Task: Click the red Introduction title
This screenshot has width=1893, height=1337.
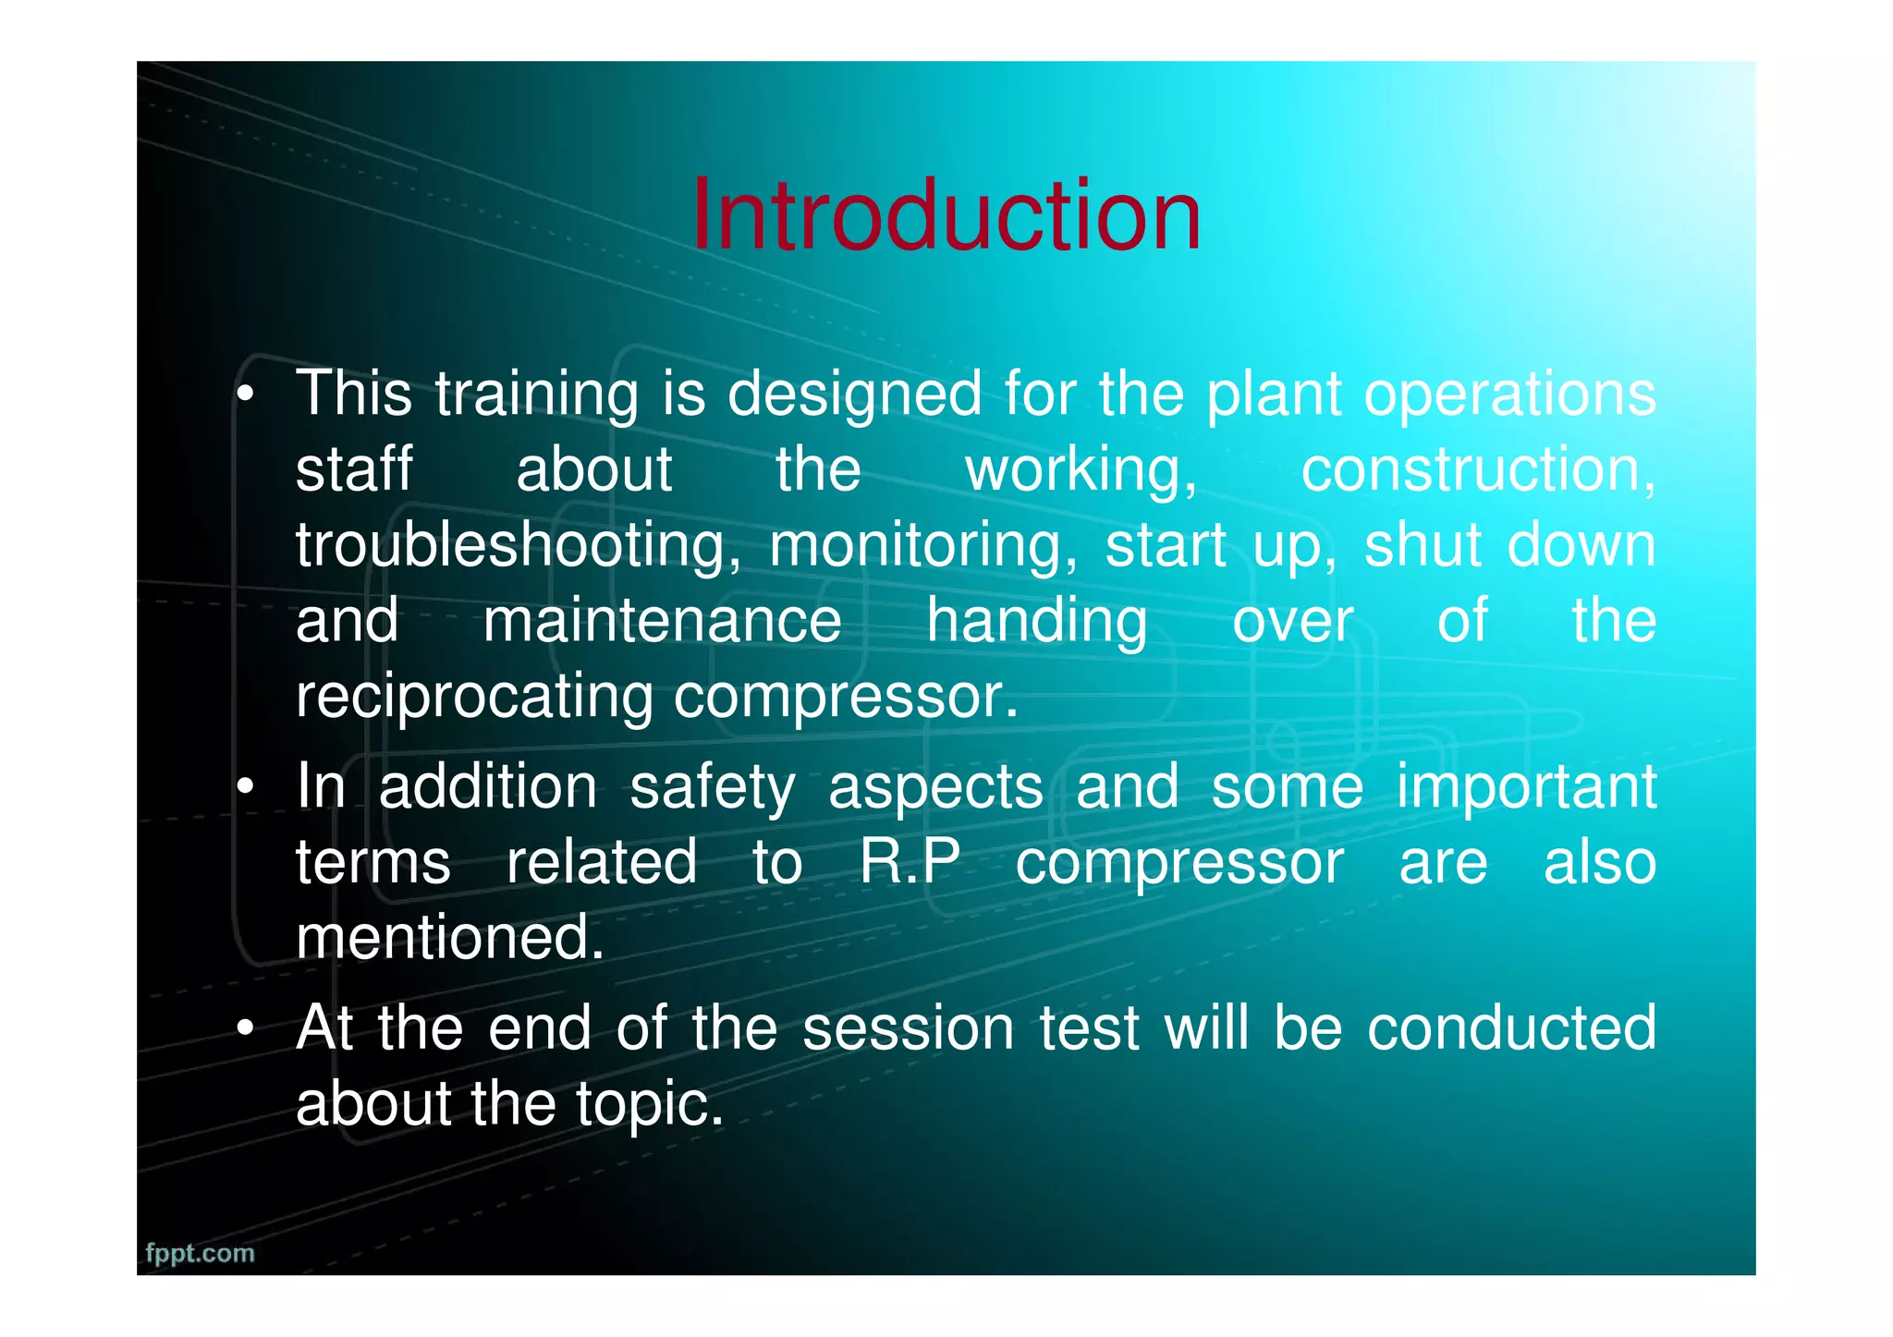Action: point(946,215)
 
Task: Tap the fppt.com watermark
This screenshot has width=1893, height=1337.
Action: point(200,1254)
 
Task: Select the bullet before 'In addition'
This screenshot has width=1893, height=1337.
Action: point(245,788)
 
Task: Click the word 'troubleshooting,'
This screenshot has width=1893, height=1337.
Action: point(518,546)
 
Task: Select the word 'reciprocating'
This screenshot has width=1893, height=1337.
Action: point(474,698)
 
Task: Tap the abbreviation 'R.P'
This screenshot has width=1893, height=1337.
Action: point(910,862)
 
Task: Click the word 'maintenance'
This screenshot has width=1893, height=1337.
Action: point(662,620)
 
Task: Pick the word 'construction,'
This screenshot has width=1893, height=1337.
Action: point(1478,470)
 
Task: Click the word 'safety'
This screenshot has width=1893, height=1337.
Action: point(712,788)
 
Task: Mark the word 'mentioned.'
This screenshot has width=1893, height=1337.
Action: point(450,937)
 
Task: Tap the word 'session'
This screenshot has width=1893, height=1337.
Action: point(909,1028)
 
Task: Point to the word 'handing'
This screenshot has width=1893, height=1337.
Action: point(1036,622)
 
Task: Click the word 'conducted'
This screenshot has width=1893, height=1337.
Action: point(1511,1028)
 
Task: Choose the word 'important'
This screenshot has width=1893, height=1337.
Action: point(1526,788)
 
